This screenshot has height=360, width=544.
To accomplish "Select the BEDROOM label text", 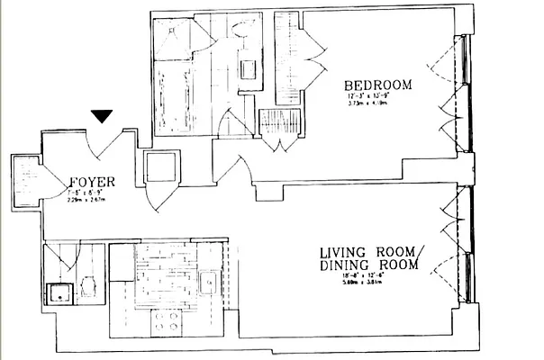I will pos(377,85).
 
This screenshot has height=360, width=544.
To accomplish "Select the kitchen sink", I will pos(206,283).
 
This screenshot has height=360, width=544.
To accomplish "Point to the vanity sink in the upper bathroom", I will pos(247,65).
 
